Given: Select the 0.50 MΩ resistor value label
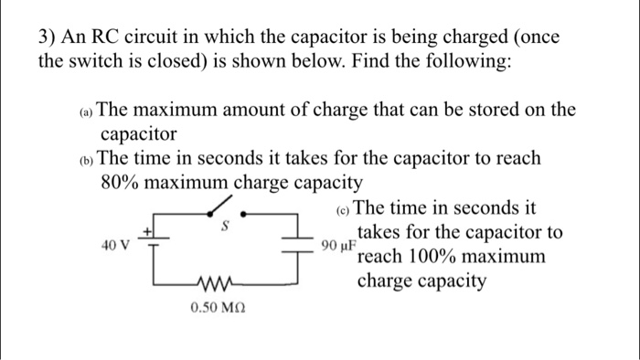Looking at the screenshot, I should click(217, 311).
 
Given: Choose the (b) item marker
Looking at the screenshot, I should click(84, 159).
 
